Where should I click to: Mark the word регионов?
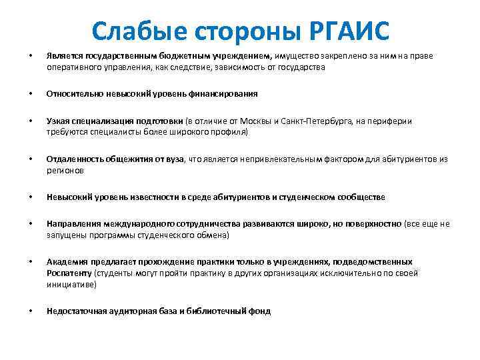[65, 170]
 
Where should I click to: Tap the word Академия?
[65, 262]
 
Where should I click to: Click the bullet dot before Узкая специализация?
[29, 121]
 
